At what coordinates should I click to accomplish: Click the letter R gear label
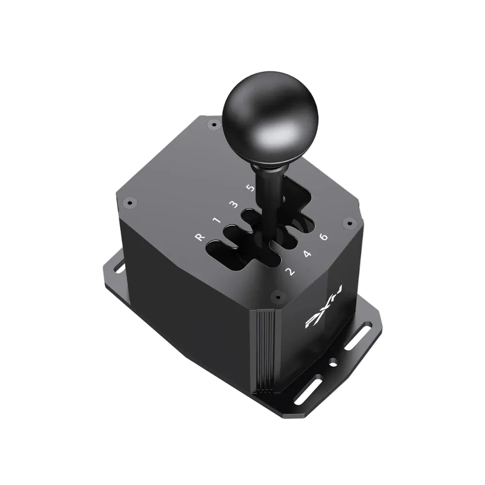198,237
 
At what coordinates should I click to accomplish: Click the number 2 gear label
290,271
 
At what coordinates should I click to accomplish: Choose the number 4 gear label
307,254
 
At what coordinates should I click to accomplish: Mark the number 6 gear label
324,237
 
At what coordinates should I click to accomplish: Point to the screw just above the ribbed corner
277,295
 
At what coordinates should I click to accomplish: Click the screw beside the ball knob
212,125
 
